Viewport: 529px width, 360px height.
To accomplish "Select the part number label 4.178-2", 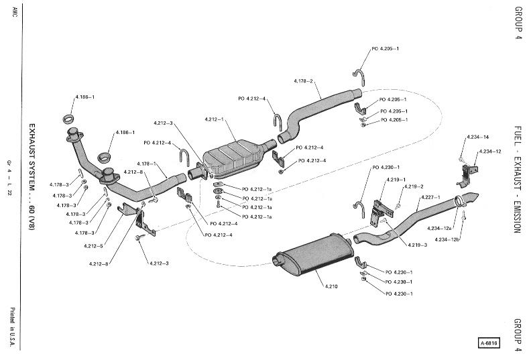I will (x=304, y=81).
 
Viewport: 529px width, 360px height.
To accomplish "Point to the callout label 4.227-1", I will (x=430, y=198).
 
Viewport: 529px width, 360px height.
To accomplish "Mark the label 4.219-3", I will (x=416, y=245).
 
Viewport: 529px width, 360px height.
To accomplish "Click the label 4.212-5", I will (x=95, y=245).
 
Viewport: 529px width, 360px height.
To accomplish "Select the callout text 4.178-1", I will (x=146, y=164).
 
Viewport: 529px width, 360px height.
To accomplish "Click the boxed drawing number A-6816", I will (x=489, y=345).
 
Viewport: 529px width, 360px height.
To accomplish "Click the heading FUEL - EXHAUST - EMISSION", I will (x=517, y=178).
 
